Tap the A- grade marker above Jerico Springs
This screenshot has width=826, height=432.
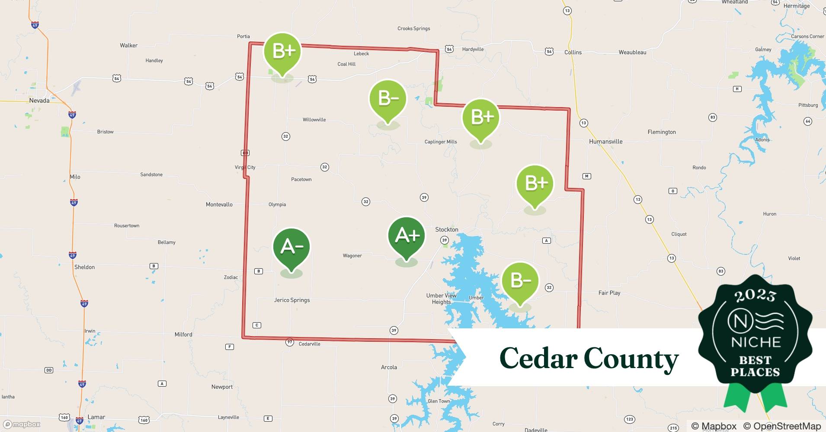click(x=291, y=247)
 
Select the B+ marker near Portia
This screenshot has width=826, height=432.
click(x=282, y=51)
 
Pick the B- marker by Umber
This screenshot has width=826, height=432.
click(x=520, y=281)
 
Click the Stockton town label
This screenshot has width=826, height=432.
click(x=447, y=229)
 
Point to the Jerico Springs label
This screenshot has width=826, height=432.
click(x=292, y=300)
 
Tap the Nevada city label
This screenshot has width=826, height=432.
click(x=39, y=101)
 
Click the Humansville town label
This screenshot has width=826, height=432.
click(x=606, y=141)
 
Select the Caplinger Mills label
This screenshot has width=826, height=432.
click(x=441, y=142)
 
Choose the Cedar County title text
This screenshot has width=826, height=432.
click(x=589, y=358)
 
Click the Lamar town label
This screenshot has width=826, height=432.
click(x=96, y=417)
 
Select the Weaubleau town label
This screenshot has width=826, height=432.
click(x=632, y=52)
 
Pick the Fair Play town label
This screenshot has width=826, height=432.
click(x=609, y=293)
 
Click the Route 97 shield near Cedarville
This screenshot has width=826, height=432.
click(x=290, y=342)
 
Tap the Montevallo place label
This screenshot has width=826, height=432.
click(x=219, y=204)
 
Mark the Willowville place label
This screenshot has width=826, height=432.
click(x=314, y=120)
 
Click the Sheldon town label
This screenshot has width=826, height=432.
click(x=84, y=267)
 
